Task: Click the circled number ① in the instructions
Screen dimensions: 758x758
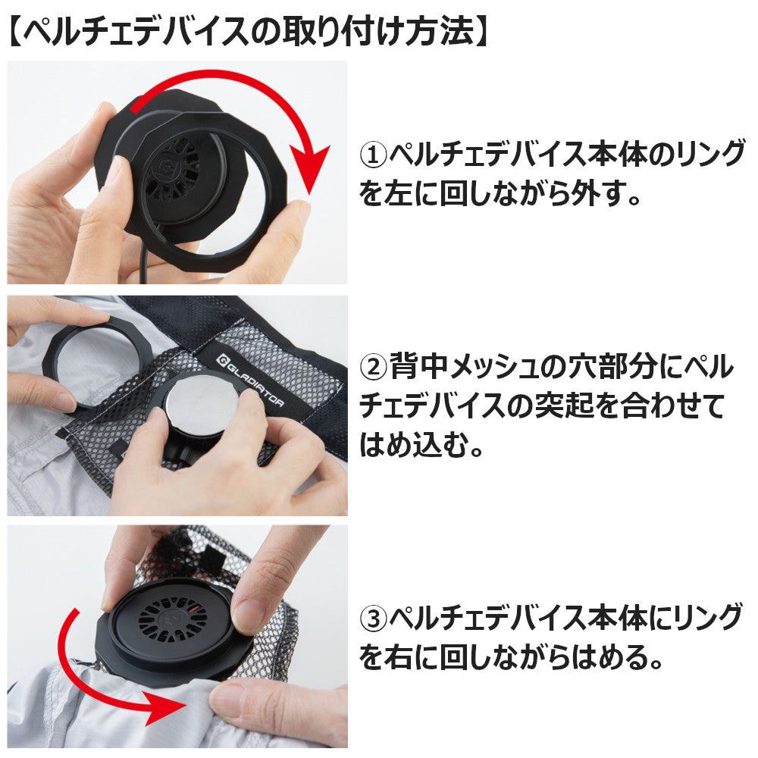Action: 374,155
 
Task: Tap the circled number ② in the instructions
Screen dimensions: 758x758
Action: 374,367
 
